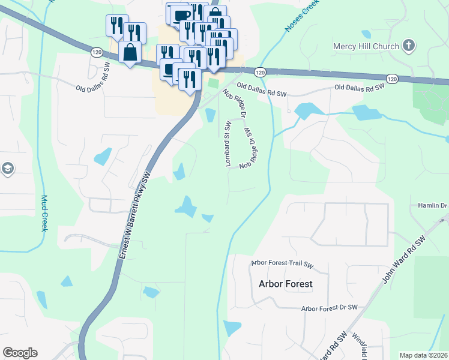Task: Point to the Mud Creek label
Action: pos(44,214)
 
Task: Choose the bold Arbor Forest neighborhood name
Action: pos(285,284)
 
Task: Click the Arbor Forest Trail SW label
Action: pos(282,263)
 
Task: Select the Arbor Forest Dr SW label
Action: pos(330,308)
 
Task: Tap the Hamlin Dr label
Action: pos(433,206)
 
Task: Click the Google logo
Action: pos(20,353)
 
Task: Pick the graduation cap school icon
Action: pos(7,169)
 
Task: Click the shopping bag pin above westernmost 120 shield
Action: pos(130,52)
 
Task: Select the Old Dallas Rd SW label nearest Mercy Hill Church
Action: pos(360,88)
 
